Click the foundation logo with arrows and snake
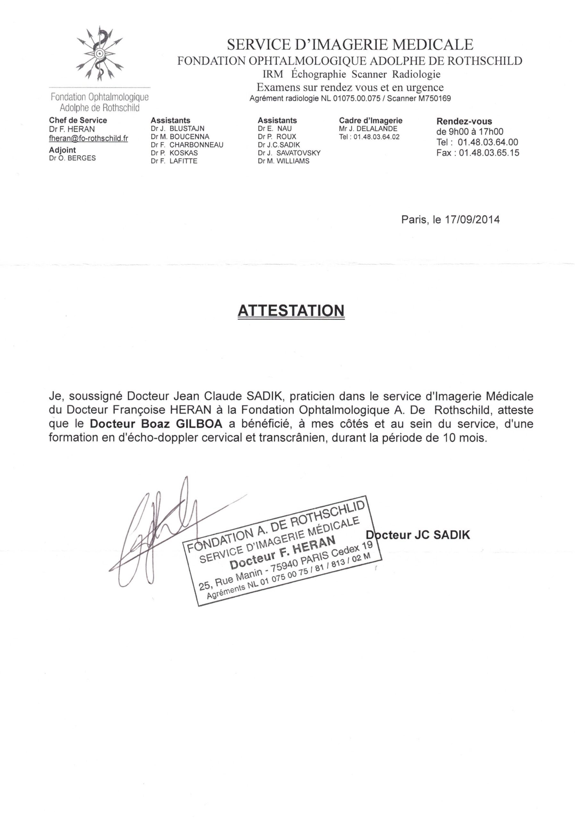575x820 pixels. pyautogui.click(x=100, y=54)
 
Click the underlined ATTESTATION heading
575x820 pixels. pyautogui.click(x=291, y=310)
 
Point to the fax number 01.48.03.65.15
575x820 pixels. pyautogui.click(x=489, y=153)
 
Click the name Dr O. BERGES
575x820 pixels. pyautogui.click(x=72, y=158)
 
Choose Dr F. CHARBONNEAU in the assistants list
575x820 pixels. pyautogui.click(x=187, y=145)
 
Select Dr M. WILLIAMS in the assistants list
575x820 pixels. pyautogui.click(x=283, y=161)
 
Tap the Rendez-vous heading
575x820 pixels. pyautogui.click(x=464, y=121)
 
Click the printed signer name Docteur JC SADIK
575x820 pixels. pyautogui.click(x=418, y=535)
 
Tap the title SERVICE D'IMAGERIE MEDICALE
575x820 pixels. pyautogui.click(x=350, y=45)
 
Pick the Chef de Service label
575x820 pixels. pyautogui.click(x=78, y=120)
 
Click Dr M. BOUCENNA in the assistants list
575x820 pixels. pyautogui.click(x=180, y=136)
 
